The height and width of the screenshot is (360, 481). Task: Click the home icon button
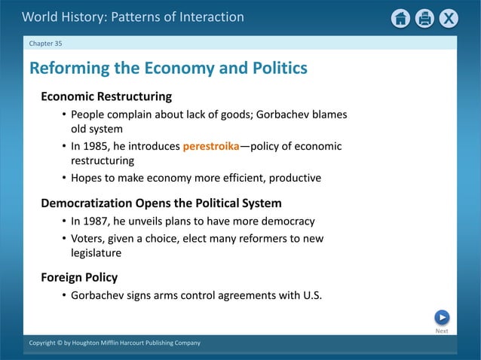401,18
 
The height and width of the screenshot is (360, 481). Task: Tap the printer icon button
425,18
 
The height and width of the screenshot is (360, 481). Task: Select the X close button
449,18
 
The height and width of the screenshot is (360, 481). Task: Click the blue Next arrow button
442,318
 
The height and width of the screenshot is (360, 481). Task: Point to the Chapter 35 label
46,43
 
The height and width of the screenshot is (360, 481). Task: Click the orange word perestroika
210,146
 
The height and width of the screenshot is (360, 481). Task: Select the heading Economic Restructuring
106,96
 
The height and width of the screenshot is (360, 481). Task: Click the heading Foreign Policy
79,277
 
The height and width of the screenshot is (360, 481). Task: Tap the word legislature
96,253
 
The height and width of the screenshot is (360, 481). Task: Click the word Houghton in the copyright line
89,343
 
